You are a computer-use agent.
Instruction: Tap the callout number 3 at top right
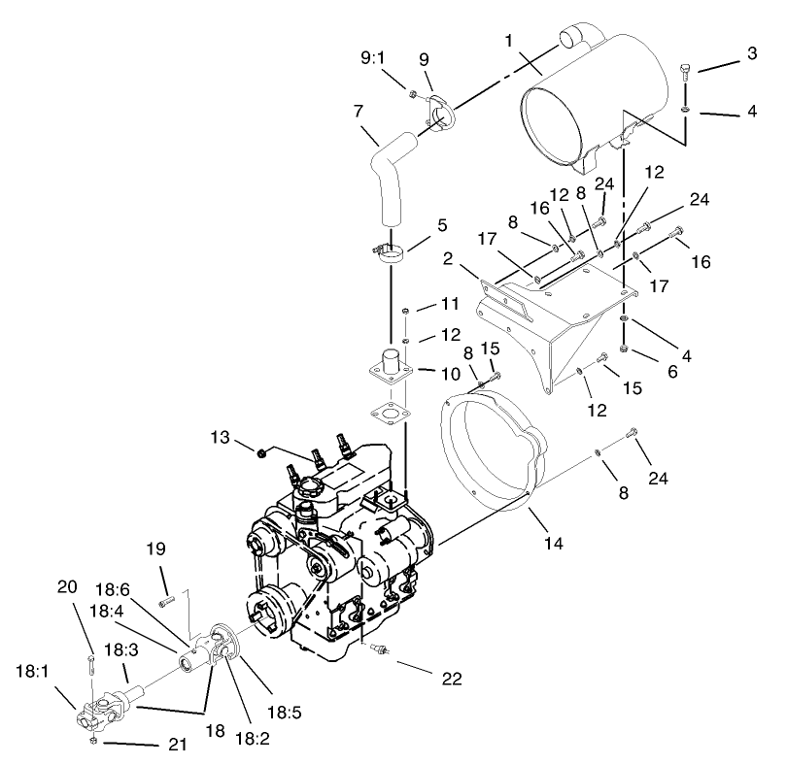pyautogui.click(x=751, y=53)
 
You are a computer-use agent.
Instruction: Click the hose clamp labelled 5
pyautogui.click(x=392, y=254)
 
